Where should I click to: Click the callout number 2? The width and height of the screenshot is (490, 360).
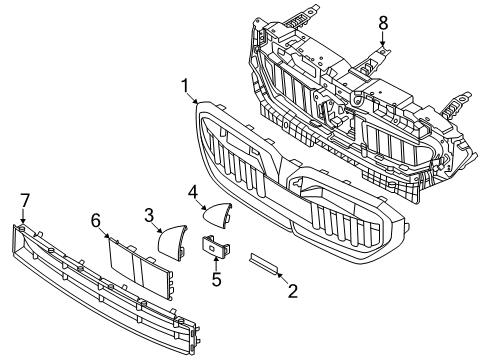[293, 291]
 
